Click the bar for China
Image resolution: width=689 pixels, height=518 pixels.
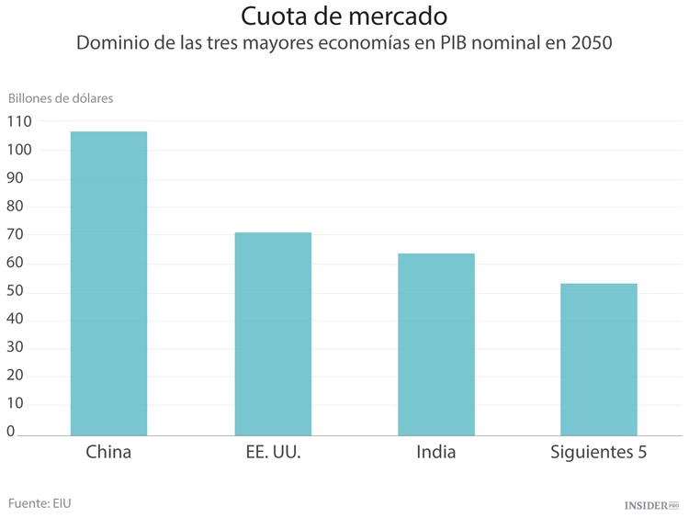click(x=108, y=283)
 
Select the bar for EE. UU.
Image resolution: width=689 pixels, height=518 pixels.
click(x=273, y=333)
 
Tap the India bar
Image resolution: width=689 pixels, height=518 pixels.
click(x=435, y=343)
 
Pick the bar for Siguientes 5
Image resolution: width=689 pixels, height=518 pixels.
click(x=598, y=359)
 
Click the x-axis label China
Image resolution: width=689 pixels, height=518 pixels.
click(x=108, y=452)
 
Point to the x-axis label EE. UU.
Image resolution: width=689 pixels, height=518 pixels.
click(x=273, y=452)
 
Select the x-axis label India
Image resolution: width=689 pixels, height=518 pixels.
click(x=435, y=452)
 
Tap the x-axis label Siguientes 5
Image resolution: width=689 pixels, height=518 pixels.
click(x=598, y=452)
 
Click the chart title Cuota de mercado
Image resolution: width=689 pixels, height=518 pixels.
click(x=344, y=17)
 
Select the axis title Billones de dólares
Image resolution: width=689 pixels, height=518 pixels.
click(x=61, y=98)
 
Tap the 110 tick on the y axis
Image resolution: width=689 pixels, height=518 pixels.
click(x=18, y=121)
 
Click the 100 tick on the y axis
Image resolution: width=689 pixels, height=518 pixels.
click(x=18, y=150)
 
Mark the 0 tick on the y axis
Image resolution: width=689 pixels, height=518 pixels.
click(x=11, y=432)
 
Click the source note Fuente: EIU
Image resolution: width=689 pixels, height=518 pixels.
click(x=40, y=502)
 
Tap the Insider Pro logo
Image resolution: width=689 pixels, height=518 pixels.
click(x=650, y=505)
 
